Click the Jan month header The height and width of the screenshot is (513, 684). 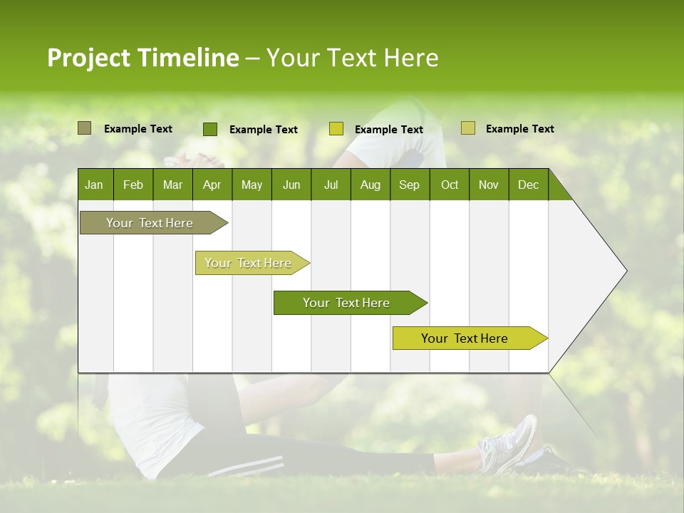pyautogui.click(x=94, y=185)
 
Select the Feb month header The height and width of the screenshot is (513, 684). pyautogui.click(x=133, y=185)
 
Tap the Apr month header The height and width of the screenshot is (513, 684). pyautogui.click(x=212, y=185)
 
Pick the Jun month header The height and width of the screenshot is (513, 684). pyautogui.click(x=291, y=185)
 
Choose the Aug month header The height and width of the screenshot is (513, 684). pyautogui.click(x=370, y=185)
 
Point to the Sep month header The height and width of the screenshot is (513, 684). pyautogui.click(x=409, y=185)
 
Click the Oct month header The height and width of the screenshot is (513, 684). pyautogui.click(x=450, y=185)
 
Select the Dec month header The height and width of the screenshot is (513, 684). pyautogui.click(x=528, y=185)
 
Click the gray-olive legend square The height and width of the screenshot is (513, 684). pyautogui.click(x=84, y=128)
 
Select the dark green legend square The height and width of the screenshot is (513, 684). pyautogui.click(x=210, y=129)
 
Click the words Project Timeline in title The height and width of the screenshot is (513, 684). pyautogui.click(x=142, y=58)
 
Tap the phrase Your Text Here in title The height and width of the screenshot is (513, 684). pyautogui.click(x=352, y=58)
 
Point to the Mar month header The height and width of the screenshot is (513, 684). pyautogui.click(x=172, y=185)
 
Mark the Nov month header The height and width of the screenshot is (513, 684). pyautogui.click(x=489, y=185)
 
